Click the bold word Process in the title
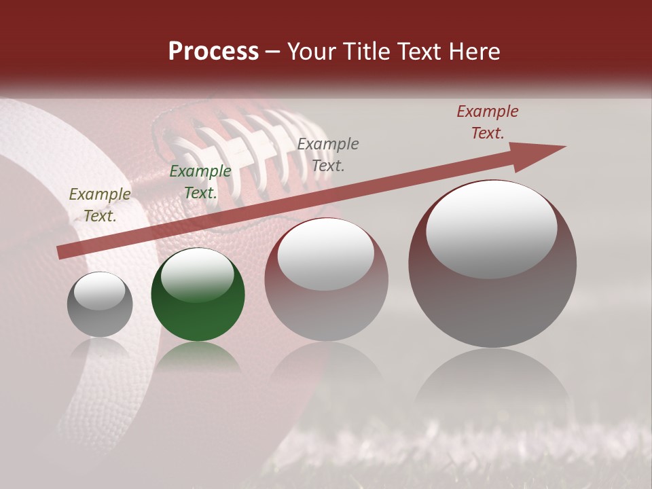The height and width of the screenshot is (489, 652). point(213,52)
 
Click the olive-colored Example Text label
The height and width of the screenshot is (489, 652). point(100,205)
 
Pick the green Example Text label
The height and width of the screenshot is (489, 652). point(200,182)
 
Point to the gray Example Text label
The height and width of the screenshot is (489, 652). point(328,154)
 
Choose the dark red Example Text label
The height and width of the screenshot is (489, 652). point(488,122)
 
